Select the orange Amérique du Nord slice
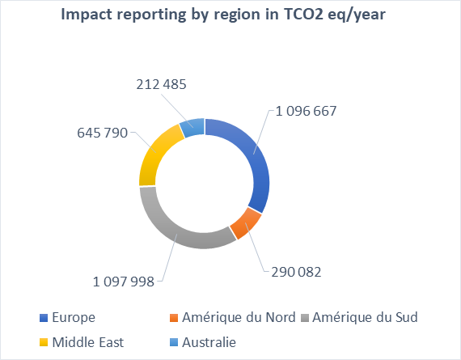(246, 222)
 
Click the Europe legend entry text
(71, 316)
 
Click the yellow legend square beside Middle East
(42, 343)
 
